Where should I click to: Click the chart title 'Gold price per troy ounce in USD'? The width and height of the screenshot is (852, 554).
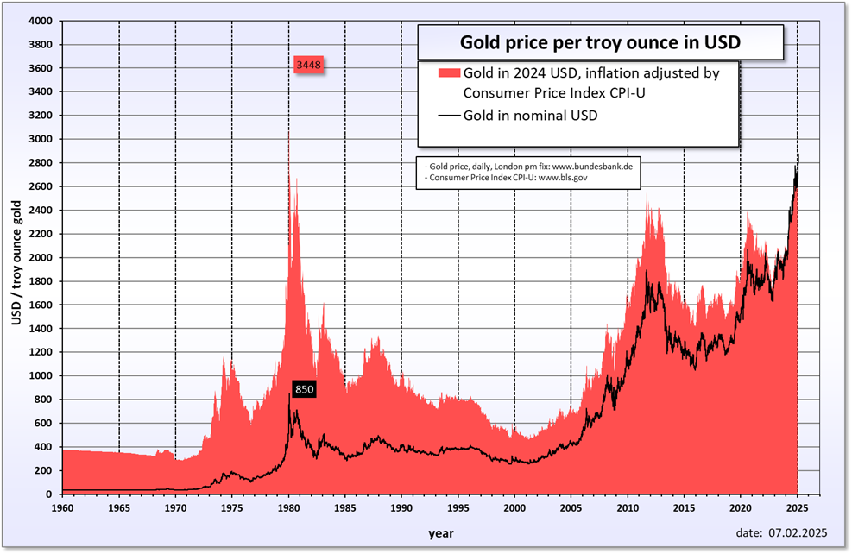click(601, 41)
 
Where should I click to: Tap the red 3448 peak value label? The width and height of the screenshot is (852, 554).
click(308, 66)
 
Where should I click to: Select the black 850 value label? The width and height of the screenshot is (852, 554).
click(304, 389)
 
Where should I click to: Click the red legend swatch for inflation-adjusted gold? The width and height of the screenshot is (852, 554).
click(449, 73)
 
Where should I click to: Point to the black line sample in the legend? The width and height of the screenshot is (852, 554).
click(449, 115)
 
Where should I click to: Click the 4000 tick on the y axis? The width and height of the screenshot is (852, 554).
click(41, 21)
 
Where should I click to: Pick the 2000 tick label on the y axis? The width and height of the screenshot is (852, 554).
click(41, 257)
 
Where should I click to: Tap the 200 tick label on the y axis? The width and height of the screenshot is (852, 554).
click(44, 470)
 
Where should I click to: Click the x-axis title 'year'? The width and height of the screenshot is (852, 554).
click(440, 533)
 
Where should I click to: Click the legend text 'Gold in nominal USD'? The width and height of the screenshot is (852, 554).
click(530, 115)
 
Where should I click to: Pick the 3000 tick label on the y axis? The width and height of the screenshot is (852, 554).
click(41, 139)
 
